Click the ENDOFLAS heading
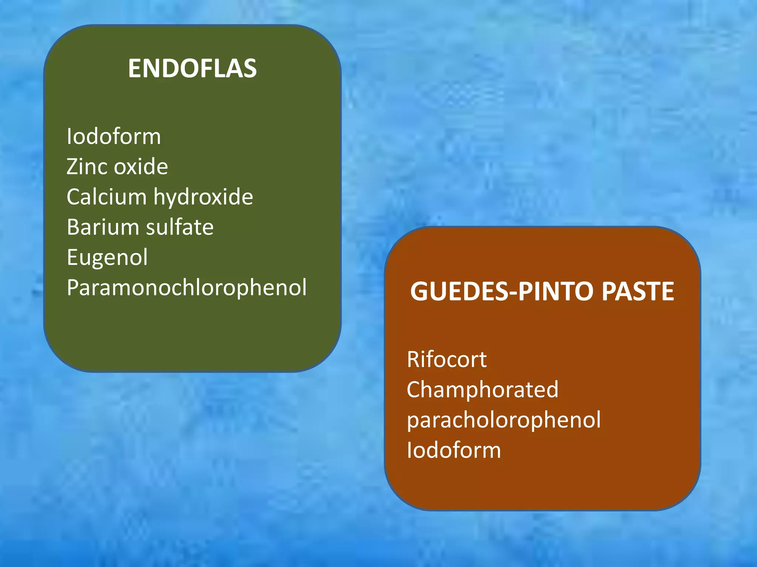[192, 69]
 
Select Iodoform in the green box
[114, 137]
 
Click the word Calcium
[106, 196]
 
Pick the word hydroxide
[203, 197]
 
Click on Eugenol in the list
[107, 258]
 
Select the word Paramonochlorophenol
[187, 288]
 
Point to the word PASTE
[638, 292]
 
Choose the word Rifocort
[447, 360]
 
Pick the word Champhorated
[482, 390]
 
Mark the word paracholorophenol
[504, 420]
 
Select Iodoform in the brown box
[454, 450]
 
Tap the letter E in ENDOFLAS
[135, 69]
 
